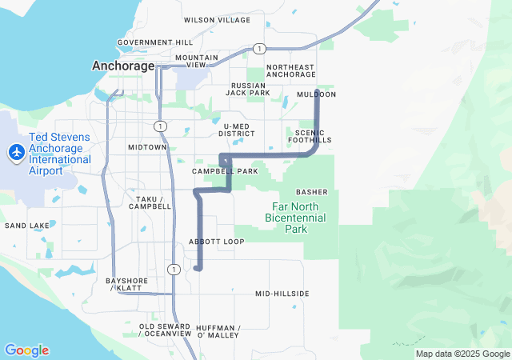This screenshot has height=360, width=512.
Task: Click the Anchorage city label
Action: pos(123,66)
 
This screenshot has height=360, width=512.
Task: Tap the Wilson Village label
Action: pos(217,20)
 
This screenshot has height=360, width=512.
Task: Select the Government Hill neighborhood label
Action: pos(155,42)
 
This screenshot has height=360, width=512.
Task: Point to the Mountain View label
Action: pos(197,61)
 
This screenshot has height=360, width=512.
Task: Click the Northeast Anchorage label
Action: pos(290,70)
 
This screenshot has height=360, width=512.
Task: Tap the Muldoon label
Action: pos(316,94)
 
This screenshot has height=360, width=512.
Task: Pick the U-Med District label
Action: pos(238,130)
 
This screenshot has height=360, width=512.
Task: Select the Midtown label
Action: pos(147,147)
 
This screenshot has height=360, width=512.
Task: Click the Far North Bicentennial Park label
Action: pos(295,217)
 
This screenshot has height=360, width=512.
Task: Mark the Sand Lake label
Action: pos(27,226)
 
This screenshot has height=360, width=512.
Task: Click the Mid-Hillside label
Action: pos(282,294)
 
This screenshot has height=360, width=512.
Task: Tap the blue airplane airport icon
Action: pos(16,151)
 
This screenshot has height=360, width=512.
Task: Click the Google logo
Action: pos(26,350)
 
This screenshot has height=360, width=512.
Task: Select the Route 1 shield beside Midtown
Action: pos(161,126)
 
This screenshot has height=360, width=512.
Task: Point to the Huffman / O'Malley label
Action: pos(218,331)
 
